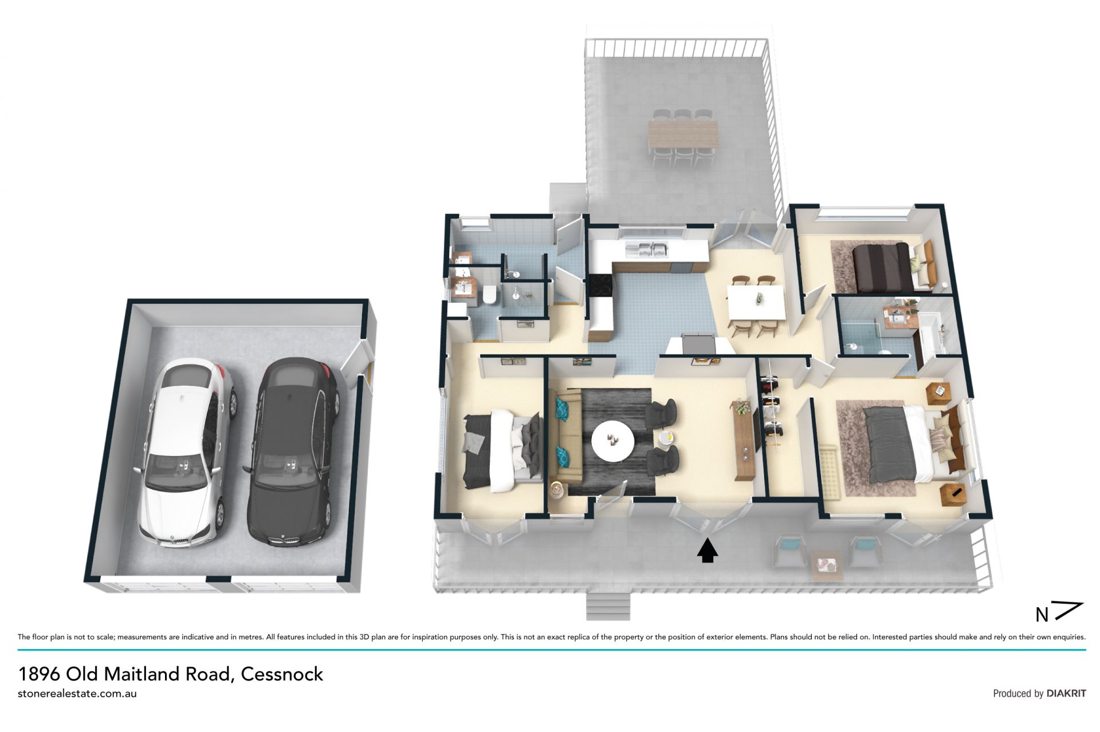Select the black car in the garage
pyautogui.click(x=292, y=452)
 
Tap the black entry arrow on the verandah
pyautogui.click(x=708, y=551)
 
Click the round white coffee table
pyautogui.click(x=612, y=441)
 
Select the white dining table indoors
pyautogui.click(x=756, y=302)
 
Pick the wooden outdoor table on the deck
pyautogui.click(x=683, y=134)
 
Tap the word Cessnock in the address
pyautogui.click(x=282, y=674)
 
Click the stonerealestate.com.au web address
pyautogui.click(x=77, y=694)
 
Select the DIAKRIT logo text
pyautogui.click(x=1066, y=693)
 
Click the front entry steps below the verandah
pyautogui.click(x=608, y=606)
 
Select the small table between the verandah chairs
pyautogui.click(x=827, y=565)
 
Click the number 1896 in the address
pyautogui.click(x=39, y=674)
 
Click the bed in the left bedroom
pyautogui.click(x=502, y=450)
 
